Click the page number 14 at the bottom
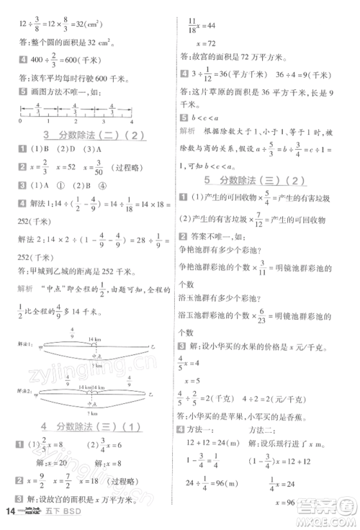coord(10,512)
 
